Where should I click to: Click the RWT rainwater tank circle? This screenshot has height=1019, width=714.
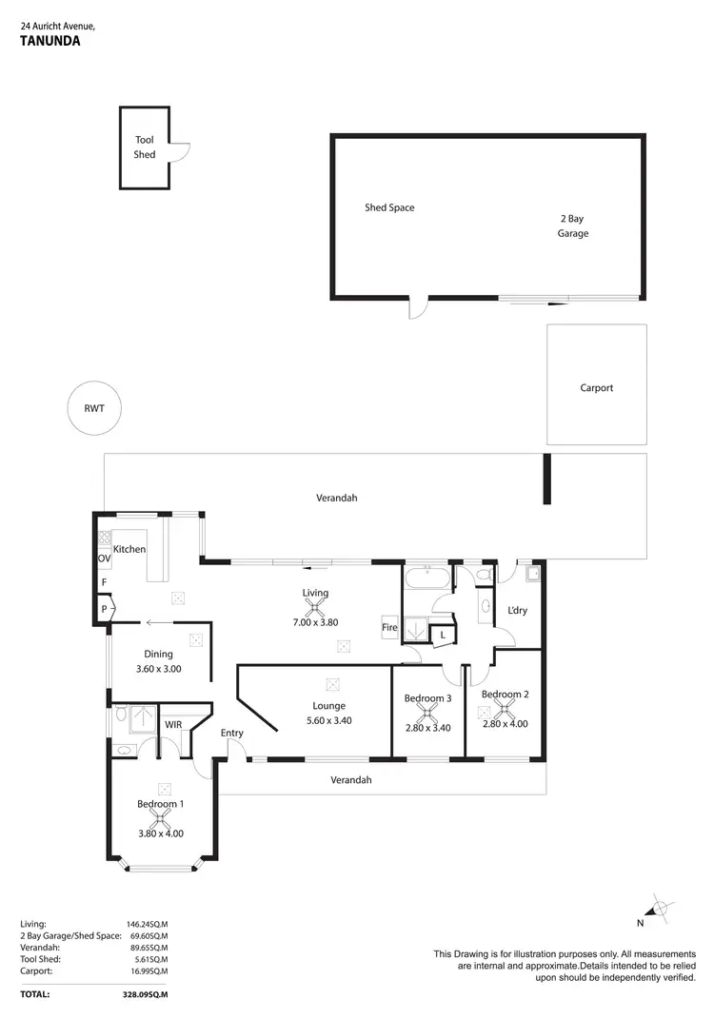pyautogui.click(x=94, y=410)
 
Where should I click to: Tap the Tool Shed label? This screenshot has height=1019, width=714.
pyautogui.click(x=144, y=147)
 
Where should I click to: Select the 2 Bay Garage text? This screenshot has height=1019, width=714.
pyautogui.click(x=573, y=225)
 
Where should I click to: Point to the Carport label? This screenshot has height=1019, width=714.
pyautogui.click(x=596, y=388)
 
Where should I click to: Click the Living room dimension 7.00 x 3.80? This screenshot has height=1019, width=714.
pyautogui.click(x=315, y=622)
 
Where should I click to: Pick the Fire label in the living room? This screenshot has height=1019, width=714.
pyautogui.click(x=388, y=628)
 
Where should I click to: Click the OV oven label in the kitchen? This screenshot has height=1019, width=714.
pyautogui.click(x=104, y=558)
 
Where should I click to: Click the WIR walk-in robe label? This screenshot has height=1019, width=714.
pyautogui.click(x=173, y=725)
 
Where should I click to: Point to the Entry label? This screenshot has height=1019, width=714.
pyautogui.click(x=232, y=733)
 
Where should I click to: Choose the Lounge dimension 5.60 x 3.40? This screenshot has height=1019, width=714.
pyautogui.click(x=328, y=721)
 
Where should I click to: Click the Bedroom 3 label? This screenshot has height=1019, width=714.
pyautogui.click(x=427, y=698)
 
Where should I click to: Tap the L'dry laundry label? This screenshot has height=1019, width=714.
pyautogui.click(x=517, y=610)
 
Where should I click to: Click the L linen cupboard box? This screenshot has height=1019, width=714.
pyautogui.click(x=443, y=635)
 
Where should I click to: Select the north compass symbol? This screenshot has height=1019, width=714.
pyautogui.click(x=657, y=909)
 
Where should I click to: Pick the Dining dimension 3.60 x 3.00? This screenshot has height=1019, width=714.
pyautogui.click(x=158, y=669)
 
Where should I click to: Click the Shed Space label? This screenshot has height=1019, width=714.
pyautogui.click(x=389, y=207)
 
